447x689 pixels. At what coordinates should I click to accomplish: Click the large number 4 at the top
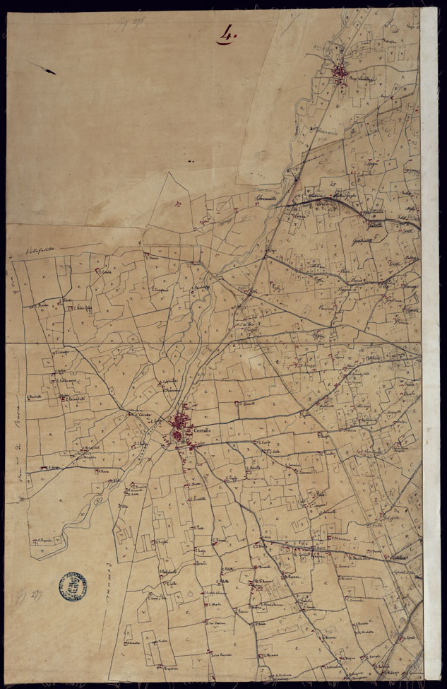pyautogui.click(x=227, y=34)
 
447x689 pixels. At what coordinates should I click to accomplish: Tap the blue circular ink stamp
pyautogui.click(x=73, y=586)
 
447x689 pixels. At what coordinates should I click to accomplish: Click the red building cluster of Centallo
pyautogui.click(x=181, y=428)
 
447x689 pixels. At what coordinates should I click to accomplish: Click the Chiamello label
pyautogui.click(x=269, y=197)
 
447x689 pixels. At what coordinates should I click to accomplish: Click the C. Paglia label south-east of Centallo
pyautogui.click(x=232, y=478)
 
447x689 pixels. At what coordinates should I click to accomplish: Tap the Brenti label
pyautogui.click(x=201, y=563)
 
